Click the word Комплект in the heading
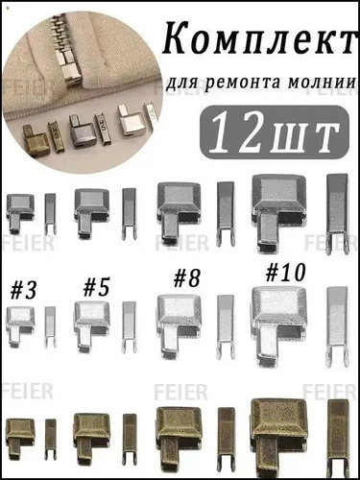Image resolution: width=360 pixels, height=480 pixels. tap(259, 40)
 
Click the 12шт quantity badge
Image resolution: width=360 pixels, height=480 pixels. tap(275, 132)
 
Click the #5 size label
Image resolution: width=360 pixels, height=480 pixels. tap(97, 287)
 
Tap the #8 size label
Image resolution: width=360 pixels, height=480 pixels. tap(186, 278)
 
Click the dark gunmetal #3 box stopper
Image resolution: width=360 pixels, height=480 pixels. tap(20, 212)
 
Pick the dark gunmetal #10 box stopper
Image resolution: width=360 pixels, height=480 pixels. tap(279, 213)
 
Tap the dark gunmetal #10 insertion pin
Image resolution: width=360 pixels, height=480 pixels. tap(337, 214)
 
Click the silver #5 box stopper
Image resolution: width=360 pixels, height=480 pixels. tap(92, 326)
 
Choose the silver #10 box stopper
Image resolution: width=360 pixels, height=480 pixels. tap(279, 325)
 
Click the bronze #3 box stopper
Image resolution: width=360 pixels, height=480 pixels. tap(20, 437)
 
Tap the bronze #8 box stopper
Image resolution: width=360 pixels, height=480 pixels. tap(179, 442)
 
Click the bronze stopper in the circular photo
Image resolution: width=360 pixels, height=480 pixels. tap(35, 140)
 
